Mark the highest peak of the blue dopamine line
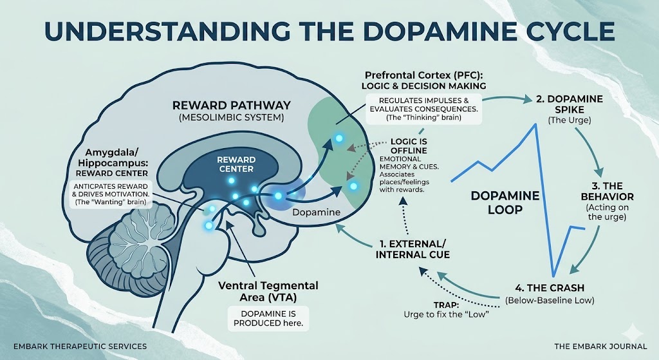[535, 123]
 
